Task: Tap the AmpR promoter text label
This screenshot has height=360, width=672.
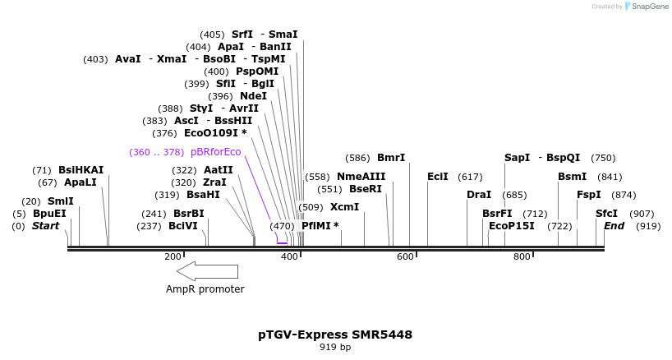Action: pos(205,289)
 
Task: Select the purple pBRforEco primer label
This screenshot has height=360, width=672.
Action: pos(215,152)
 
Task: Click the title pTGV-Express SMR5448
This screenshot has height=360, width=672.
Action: pos(335,335)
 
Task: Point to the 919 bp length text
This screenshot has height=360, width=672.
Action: pos(335,348)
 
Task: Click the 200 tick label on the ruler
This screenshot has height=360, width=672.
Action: pos(173,257)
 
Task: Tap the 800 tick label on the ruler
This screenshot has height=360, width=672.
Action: pos(522,257)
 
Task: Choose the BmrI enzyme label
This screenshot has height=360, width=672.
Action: pos(391,158)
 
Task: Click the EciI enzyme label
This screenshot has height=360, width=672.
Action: pos(438,176)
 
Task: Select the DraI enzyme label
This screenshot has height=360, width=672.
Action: pos(479,195)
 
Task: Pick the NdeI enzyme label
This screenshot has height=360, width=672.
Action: pos(253,96)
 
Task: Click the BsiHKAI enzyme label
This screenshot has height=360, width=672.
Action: pos(81,170)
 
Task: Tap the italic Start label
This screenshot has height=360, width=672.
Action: pos(45,225)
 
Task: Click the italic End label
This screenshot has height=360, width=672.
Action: pos(614,225)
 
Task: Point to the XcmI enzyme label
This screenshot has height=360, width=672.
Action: pos(345,207)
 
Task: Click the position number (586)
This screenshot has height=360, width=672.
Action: pos(357,158)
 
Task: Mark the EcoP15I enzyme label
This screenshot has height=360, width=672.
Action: pos(511,225)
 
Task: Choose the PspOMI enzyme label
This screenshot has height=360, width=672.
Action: pos(257,72)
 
